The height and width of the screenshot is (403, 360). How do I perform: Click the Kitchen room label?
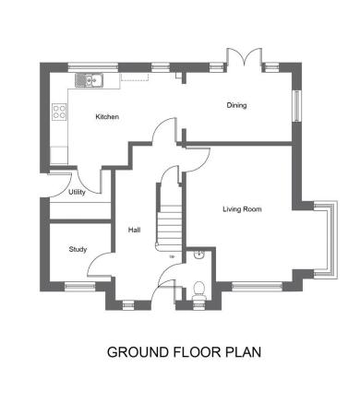coord(108,117)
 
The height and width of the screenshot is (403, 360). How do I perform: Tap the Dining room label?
coord(237,105)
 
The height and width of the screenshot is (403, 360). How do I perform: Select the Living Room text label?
coord(242,209)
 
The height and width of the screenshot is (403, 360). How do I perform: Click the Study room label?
coord(78,250)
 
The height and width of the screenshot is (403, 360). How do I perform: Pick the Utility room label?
coord(78,193)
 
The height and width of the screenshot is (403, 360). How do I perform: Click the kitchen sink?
coord(90,80)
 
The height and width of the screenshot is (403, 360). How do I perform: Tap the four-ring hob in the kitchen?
coord(59,113)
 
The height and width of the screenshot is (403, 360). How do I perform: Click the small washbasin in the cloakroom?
coord(201,257)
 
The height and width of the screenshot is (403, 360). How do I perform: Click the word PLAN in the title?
coord(243,351)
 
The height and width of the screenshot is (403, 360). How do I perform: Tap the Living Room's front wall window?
coord(255,287)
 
